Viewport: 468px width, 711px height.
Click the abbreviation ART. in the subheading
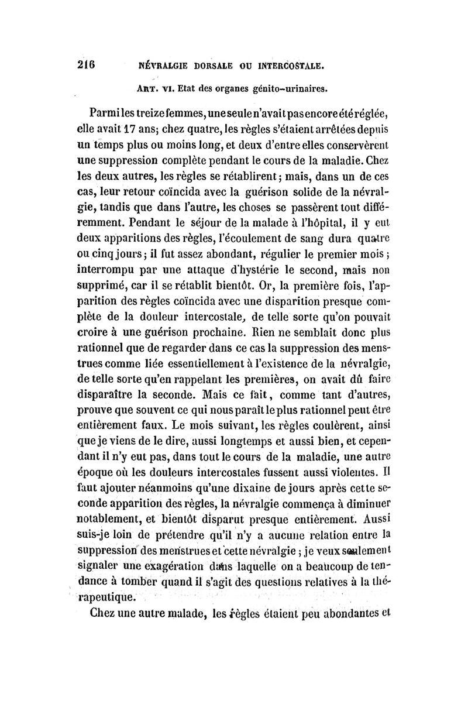(148, 90)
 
